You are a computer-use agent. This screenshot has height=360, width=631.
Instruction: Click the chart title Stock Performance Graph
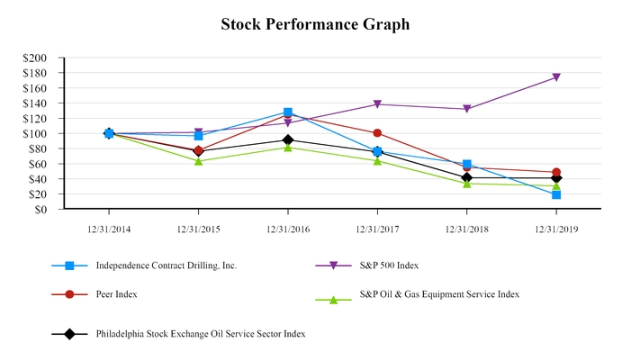click(x=315, y=24)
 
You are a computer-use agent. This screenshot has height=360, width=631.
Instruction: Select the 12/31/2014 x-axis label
click(x=109, y=229)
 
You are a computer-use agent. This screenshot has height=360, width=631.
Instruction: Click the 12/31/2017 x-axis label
click(x=377, y=229)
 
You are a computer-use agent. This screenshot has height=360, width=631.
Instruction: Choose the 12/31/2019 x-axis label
click(x=556, y=229)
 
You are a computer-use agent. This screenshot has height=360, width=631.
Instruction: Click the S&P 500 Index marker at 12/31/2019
click(x=556, y=77)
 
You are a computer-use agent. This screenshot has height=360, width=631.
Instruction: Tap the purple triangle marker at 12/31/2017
click(x=377, y=104)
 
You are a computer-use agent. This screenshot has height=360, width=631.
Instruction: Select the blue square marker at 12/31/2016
click(x=288, y=112)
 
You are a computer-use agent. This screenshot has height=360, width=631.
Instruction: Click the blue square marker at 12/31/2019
click(x=556, y=194)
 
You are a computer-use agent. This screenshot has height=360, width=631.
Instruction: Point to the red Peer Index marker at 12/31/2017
click(x=377, y=133)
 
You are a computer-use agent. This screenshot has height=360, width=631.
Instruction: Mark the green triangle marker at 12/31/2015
click(x=198, y=161)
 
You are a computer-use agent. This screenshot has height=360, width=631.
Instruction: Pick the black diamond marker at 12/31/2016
click(x=288, y=139)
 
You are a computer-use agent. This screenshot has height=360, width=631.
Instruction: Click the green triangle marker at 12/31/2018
click(x=466, y=184)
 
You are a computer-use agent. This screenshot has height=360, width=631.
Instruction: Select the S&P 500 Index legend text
click(x=389, y=265)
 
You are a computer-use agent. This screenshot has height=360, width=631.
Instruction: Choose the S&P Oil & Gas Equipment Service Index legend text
click(x=439, y=294)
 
